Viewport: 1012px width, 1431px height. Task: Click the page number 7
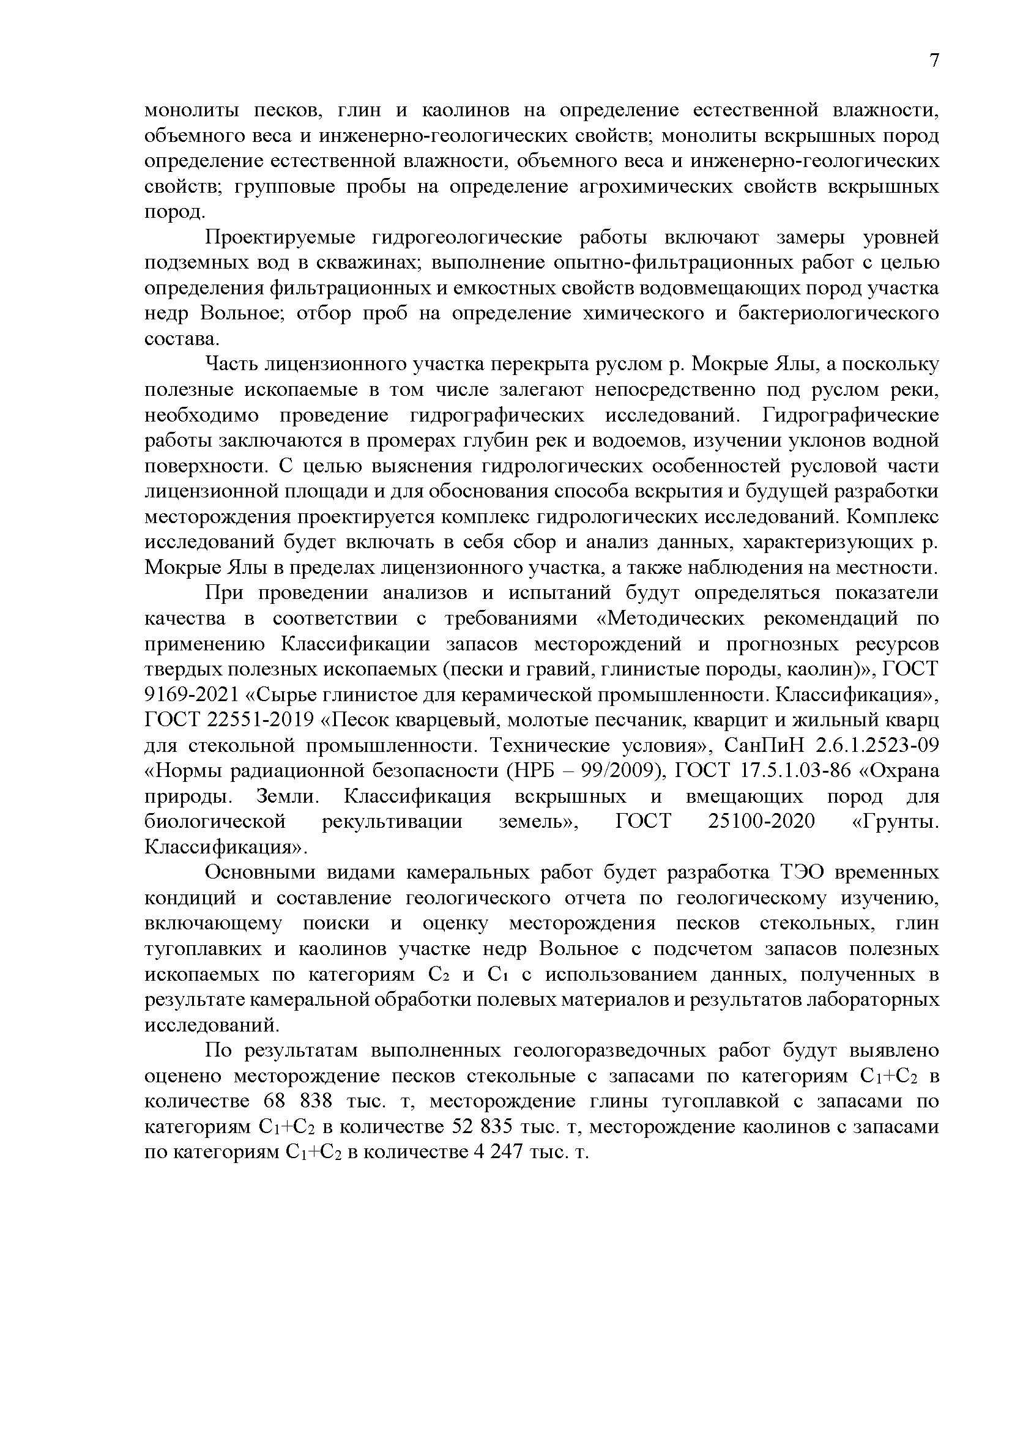point(934,61)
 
